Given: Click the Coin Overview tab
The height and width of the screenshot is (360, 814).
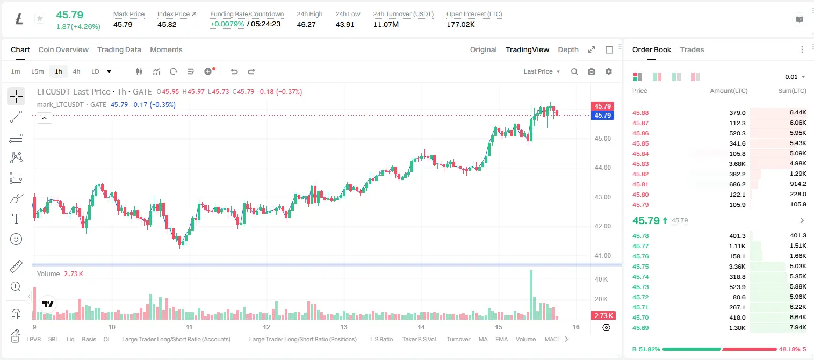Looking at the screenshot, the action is [x=63, y=49].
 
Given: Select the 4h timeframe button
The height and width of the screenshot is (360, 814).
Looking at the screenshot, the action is [x=76, y=71].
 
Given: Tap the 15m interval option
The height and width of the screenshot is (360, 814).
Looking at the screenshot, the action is [x=38, y=71].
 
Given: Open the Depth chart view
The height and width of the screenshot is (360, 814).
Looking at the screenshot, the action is [x=568, y=49].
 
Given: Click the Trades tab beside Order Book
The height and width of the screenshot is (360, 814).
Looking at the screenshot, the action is [x=692, y=49].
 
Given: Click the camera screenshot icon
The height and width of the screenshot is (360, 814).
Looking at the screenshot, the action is [x=592, y=71].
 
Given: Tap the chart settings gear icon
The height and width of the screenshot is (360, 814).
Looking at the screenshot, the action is [x=609, y=71].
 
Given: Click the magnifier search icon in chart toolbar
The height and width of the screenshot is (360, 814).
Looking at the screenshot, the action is [x=574, y=71].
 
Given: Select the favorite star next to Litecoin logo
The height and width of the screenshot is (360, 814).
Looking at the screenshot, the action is [x=40, y=18].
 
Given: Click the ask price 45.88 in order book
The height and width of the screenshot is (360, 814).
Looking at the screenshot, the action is [x=640, y=113].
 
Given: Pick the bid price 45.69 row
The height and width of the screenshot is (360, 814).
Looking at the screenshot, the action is [x=640, y=328].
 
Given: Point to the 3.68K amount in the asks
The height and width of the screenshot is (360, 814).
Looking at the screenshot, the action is [x=737, y=164].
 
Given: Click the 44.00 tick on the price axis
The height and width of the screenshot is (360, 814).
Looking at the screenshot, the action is [x=603, y=168].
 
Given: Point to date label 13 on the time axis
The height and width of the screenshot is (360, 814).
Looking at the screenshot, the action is [x=344, y=327].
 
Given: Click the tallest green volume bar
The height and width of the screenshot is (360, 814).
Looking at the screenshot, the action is [x=531, y=295].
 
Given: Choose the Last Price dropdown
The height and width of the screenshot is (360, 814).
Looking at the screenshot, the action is [x=542, y=71].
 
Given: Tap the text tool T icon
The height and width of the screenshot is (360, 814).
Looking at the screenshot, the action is [x=16, y=219].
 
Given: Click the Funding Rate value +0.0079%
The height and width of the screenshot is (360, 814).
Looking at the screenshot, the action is [x=227, y=24].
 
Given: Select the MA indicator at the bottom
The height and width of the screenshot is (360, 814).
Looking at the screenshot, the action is [x=483, y=339].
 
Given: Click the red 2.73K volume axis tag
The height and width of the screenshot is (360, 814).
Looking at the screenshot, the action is [x=602, y=315].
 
